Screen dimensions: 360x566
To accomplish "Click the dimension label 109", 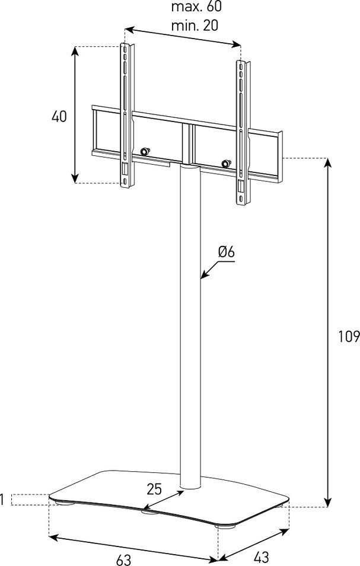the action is pos(349,337).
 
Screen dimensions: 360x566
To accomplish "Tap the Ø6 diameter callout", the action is pos(227,252).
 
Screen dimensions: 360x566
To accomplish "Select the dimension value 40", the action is pos(59,116).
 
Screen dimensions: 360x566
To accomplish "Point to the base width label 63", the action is pos(124,559).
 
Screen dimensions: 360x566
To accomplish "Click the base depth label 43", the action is pos(262,557).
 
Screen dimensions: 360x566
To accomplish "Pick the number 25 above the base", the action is pos(154,489).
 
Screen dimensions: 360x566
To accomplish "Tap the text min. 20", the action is pos(195,25).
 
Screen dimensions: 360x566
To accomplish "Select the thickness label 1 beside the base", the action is pos(2,500).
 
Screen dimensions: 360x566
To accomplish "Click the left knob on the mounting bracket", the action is pos(145,151).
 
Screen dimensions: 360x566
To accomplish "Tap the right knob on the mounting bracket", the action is pos(227,163).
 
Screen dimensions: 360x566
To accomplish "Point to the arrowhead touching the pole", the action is pos(204,275).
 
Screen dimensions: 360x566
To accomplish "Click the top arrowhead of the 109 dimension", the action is pos(327,162).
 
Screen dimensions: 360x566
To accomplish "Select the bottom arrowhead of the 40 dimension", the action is pos(75,178).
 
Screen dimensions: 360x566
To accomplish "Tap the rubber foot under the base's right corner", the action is pos(225,526).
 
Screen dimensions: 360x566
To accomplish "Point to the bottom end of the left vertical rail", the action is pos(126,186).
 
